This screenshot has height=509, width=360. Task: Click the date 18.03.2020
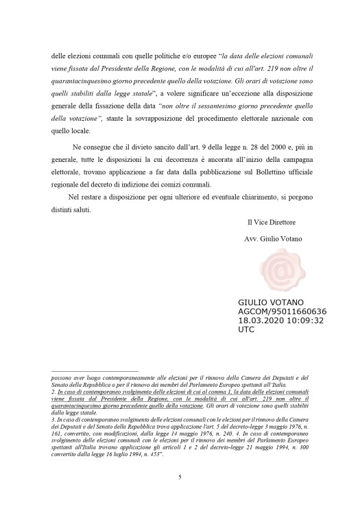(x=258, y=320)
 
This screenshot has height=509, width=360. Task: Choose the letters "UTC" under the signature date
(x=246, y=329)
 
